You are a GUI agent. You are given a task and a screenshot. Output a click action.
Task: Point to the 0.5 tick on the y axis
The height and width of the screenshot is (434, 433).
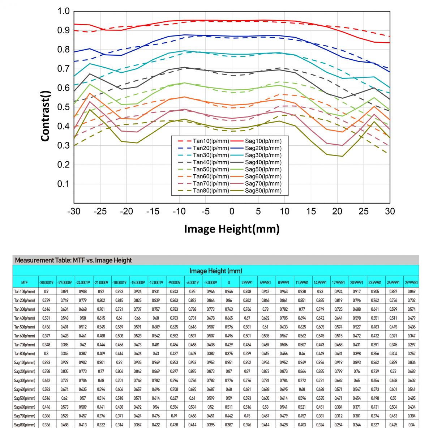(x=63, y=107)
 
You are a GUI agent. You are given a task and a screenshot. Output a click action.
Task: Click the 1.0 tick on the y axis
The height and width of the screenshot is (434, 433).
(x=63, y=11)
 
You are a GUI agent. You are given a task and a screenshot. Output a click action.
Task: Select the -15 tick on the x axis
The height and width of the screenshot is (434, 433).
(x=153, y=211)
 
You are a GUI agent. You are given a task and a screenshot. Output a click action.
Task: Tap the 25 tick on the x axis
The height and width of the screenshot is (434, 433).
(x=364, y=211)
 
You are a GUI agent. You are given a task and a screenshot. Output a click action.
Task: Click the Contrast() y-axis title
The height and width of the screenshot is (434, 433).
(x=45, y=116)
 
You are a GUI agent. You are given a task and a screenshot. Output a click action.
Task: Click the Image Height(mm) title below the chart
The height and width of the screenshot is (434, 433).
(x=232, y=229)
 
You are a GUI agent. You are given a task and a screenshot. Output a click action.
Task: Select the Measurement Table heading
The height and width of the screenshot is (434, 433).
(x=73, y=260)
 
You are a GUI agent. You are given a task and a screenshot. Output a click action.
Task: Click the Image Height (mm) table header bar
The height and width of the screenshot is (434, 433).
(x=216, y=271)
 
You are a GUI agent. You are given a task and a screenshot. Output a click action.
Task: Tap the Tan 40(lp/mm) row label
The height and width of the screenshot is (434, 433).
(x=25, y=318)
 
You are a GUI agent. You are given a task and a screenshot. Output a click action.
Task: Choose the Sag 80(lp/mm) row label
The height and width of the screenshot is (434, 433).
(x=25, y=425)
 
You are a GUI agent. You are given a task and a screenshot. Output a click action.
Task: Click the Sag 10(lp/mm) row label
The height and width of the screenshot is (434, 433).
(x=25, y=362)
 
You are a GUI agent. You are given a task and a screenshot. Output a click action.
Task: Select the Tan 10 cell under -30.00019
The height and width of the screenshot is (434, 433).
(x=46, y=292)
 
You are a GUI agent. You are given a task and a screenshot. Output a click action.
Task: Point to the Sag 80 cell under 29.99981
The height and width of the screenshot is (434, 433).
(x=411, y=425)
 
